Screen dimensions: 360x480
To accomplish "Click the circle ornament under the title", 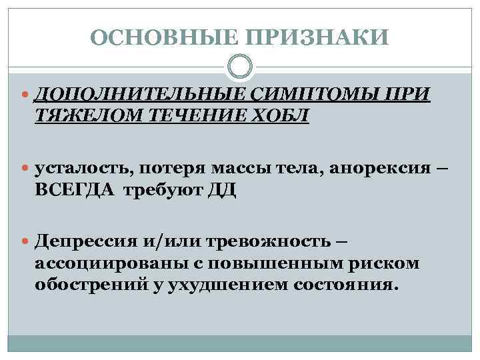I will [240, 67].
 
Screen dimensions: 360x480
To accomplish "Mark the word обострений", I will [86, 285].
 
